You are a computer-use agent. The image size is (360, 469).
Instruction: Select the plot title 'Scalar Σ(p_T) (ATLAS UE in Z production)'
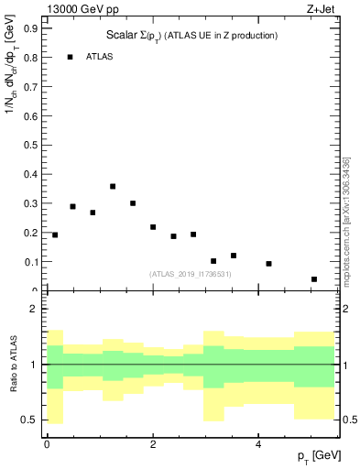[x=191, y=35]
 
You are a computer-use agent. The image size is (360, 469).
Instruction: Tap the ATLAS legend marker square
[x=70, y=57]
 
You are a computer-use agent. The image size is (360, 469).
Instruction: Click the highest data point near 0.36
[x=113, y=186]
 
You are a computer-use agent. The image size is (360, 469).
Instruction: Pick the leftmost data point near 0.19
[x=55, y=235]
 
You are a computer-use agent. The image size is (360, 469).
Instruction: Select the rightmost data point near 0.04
[x=314, y=279]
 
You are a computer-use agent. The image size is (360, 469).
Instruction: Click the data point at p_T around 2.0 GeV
[x=153, y=227]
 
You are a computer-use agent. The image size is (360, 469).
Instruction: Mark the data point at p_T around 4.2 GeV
[x=268, y=264]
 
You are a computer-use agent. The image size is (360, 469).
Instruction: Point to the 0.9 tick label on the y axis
[x=31, y=28]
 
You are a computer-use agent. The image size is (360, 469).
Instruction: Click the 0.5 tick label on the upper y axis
[x=31, y=145]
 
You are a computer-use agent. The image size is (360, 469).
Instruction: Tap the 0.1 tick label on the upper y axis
[x=31, y=262]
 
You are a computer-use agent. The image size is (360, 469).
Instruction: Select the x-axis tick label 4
[x=258, y=444]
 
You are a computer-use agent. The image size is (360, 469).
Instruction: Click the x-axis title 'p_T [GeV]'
[x=312, y=456]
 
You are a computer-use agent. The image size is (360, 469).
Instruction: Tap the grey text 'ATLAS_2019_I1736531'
[x=191, y=274]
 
